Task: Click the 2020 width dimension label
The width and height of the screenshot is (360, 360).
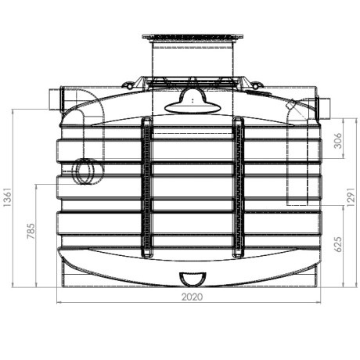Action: coord(192,297)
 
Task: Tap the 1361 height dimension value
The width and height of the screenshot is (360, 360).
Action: coord(8,197)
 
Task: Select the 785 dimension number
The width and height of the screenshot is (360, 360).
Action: coord(31,231)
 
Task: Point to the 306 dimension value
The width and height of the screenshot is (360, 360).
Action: coord(338,141)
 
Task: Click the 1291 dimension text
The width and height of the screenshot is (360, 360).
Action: coord(351,197)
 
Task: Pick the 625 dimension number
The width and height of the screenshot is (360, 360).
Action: coord(338,244)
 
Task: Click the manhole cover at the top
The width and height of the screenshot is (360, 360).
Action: coord(193,37)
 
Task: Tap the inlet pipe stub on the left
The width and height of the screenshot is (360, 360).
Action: coord(56,99)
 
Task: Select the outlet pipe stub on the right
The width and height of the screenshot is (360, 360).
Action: coord(322,108)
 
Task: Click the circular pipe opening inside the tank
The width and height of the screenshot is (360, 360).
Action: coord(85,171)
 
